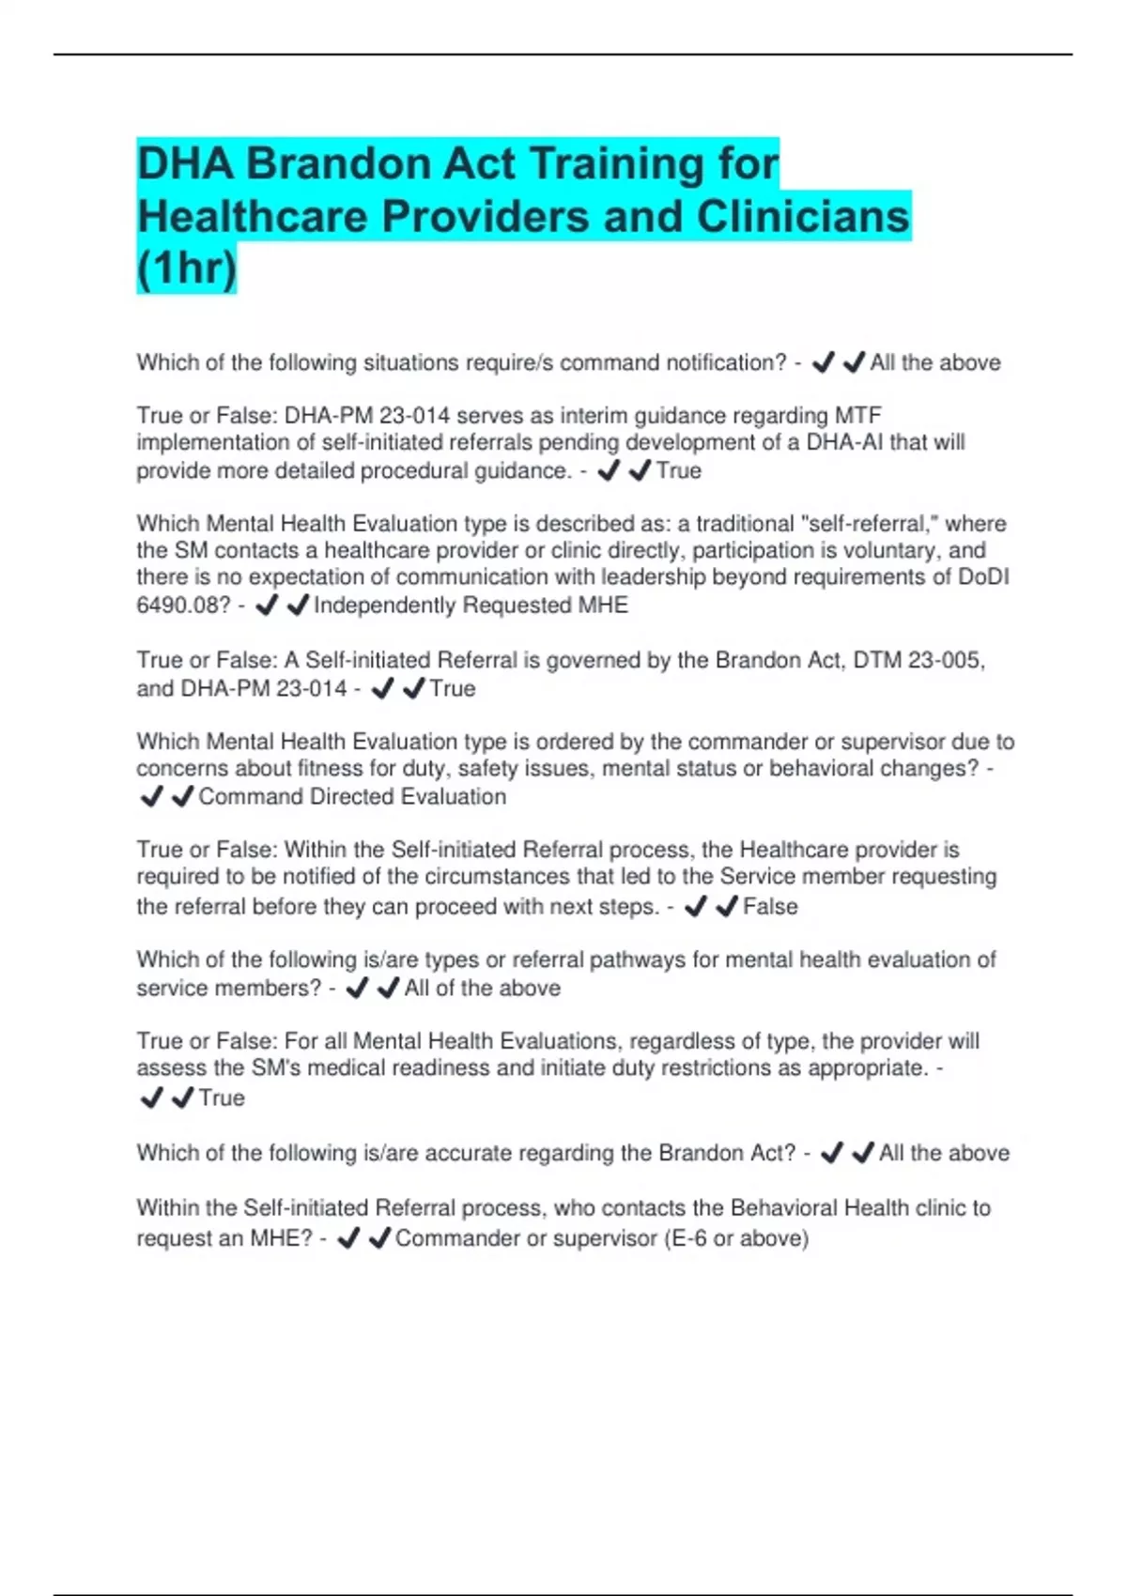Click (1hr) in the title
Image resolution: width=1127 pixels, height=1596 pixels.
186,269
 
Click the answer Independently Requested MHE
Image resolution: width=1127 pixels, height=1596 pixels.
471,606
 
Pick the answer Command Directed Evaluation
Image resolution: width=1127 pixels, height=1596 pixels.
352,797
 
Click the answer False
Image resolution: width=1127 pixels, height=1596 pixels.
770,907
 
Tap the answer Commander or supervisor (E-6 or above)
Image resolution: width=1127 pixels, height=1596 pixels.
601,1238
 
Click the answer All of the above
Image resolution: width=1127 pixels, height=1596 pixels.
482,989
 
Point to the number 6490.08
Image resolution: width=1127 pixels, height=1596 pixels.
183,606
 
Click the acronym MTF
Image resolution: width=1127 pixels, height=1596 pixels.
858,415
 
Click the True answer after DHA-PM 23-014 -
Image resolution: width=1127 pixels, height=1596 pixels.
453,689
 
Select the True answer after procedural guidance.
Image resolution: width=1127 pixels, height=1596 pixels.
678,470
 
